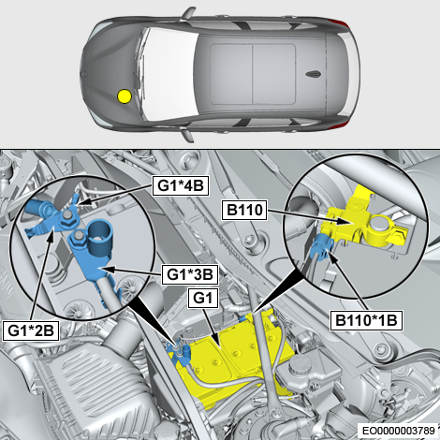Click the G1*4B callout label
pos(181,186)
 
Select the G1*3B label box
pos(190,275)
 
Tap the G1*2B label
pos(31,330)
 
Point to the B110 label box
pos(244,210)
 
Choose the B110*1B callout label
pos(366,320)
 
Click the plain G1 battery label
pos(202,298)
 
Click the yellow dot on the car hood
pos(125,96)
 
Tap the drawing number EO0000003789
pos(398,431)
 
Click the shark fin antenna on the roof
pos(314,74)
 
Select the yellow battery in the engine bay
pos(237,356)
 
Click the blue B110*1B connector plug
pos(322,246)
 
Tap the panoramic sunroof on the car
pos(253,74)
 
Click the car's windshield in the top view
pos(170,74)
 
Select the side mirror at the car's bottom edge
pos(188,136)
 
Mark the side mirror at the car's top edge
pos(188,13)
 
